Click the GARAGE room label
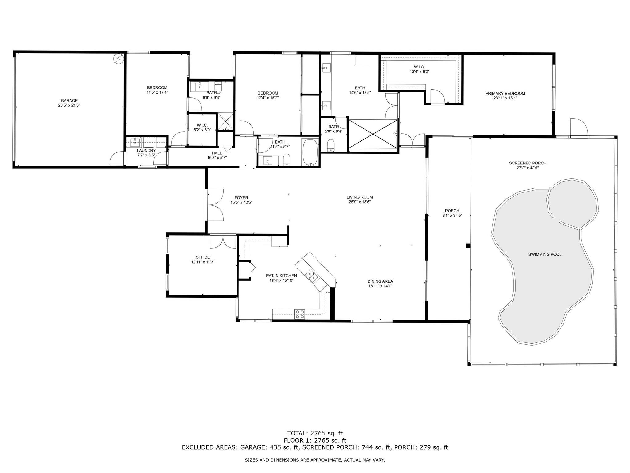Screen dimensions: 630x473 (x=69, y=101)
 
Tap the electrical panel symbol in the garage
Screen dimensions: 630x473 (x=118, y=59)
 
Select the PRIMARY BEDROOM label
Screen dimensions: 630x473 (x=505, y=93)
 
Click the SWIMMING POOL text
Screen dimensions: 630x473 (x=545, y=254)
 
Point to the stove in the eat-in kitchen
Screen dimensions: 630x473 (x=300, y=314)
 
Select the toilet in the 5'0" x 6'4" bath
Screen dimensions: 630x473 (x=331, y=145)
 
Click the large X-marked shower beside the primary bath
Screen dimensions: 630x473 (x=373, y=134)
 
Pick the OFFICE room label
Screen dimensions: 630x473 (x=203, y=257)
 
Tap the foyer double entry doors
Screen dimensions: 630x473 (x=215, y=205)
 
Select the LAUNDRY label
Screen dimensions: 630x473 (x=146, y=151)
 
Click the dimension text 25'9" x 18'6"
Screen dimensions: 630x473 (x=360, y=202)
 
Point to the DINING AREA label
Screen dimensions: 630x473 (x=380, y=281)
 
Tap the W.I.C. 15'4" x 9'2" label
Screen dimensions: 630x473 (x=419, y=69)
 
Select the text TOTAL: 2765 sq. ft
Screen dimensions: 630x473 (x=315, y=434)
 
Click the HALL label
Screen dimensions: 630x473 (x=217, y=153)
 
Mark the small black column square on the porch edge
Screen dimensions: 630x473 (x=468, y=246)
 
